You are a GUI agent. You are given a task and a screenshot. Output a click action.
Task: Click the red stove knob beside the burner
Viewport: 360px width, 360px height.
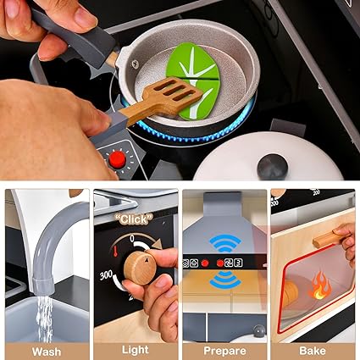(x=118, y=160)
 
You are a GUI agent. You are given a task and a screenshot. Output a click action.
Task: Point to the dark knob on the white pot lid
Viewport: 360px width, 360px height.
(x=272, y=167)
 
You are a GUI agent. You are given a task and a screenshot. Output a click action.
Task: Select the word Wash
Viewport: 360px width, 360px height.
(x=47, y=352)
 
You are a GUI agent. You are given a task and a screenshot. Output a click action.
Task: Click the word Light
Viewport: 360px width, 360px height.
(x=136, y=350)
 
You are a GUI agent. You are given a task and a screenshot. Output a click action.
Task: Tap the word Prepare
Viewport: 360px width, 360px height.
(x=224, y=352)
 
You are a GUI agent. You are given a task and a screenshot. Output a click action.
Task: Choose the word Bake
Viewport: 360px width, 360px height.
(x=313, y=351)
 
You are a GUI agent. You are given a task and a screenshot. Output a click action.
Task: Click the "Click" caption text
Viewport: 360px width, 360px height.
(x=134, y=219)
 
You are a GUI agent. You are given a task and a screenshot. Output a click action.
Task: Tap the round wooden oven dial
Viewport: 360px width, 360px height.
(x=140, y=268)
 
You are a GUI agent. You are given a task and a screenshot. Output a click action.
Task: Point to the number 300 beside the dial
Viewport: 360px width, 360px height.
(x=106, y=275)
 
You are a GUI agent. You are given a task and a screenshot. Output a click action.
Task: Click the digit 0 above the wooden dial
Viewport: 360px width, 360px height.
(x=132, y=239)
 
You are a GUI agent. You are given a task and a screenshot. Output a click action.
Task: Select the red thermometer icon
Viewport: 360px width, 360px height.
(x=115, y=251)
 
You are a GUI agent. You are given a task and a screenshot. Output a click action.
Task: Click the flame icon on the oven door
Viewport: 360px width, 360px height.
(x=319, y=285)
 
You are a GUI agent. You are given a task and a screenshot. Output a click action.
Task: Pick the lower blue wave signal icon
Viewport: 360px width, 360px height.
(x=225, y=280)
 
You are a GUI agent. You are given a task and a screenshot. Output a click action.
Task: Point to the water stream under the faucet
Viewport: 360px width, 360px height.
(x=45, y=318)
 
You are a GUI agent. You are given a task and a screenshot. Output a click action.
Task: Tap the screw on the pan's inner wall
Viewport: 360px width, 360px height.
(x=135, y=64)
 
